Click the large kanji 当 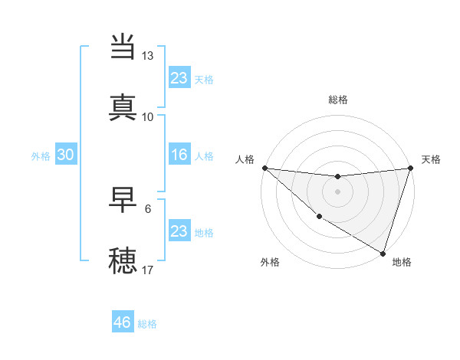(124, 47)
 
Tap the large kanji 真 (124, 107)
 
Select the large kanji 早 (124, 199)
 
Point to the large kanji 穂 (124, 260)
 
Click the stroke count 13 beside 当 (147, 56)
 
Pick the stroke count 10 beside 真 (147, 117)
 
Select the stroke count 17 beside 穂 (147, 270)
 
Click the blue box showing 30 (65, 155)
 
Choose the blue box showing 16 (179, 155)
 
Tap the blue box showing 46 (122, 322)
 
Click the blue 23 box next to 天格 (179, 77)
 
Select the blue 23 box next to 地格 (179, 231)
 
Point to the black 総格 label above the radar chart (338, 100)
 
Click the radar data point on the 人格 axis (264, 168)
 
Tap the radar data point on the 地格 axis (383, 253)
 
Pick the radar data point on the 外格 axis (319, 217)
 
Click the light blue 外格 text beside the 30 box (41, 155)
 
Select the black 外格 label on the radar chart (270, 262)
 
